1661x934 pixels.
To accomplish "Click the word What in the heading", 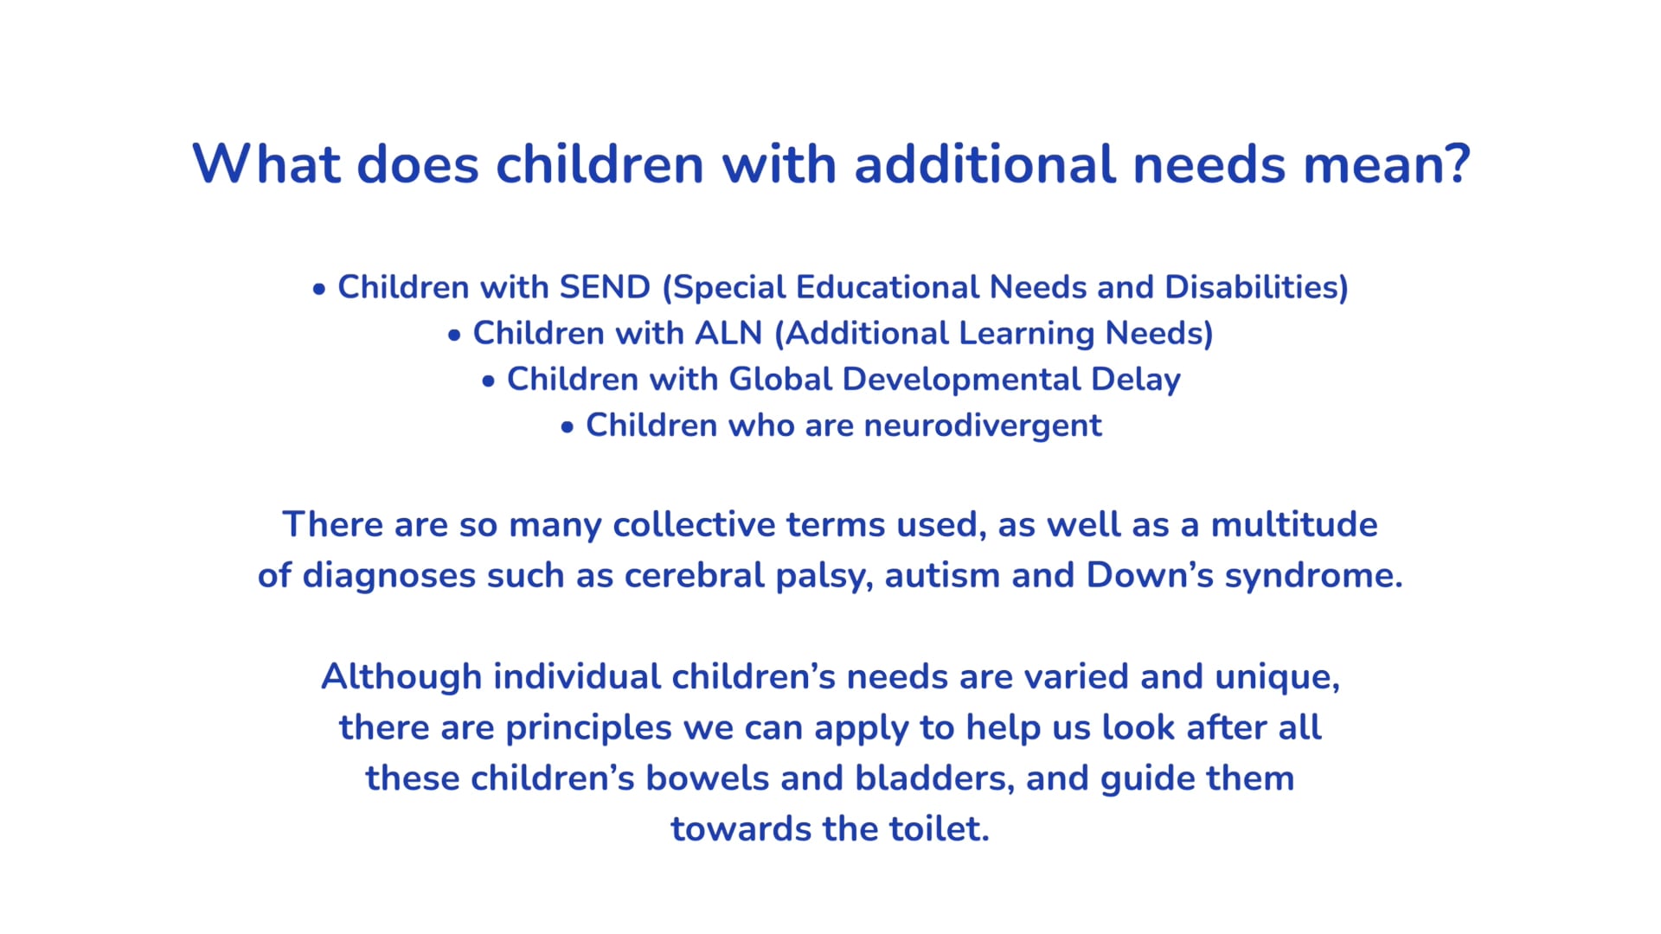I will pyautogui.click(x=266, y=163).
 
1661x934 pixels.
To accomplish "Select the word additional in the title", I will pyautogui.click(x=984, y=163).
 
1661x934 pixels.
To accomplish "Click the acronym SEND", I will pyautogui.click(x=605, y=287).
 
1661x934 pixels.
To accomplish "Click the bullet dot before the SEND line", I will pyautogui.click(x=319, y=290).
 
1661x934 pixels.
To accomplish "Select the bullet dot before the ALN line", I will pyautogui.click(x=455, y=336).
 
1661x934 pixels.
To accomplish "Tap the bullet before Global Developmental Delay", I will pyautogui.click(x=489, y=381).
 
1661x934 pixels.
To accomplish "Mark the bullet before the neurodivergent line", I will pyautogui.click(x=568, y=427).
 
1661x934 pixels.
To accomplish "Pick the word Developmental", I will pyautogui.click(x=961, y=379).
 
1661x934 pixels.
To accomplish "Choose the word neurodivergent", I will pyautogui.click(x=983, y=425).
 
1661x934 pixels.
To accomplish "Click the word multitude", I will pyautogui.click(x=1294, y=524).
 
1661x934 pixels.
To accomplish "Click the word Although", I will pyautogui.click(x=401, y=676).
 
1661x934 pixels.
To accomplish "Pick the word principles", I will pyautogui.click(x=588, y=728).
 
